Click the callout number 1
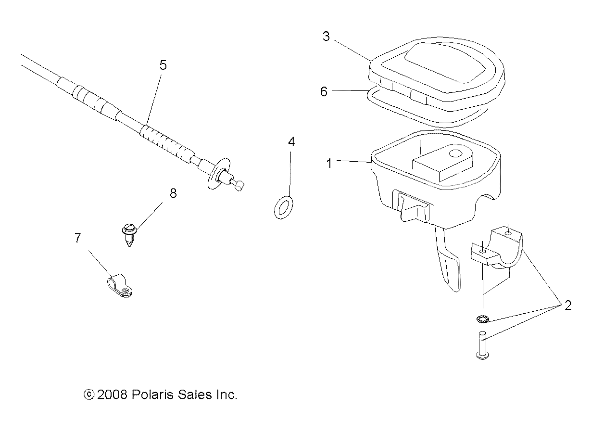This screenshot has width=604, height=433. tap(329, 164)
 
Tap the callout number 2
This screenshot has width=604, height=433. tap(567, 306)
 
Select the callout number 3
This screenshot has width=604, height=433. tap(327, 37)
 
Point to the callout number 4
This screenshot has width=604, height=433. tap(291, 142)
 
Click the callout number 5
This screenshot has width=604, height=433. tap(163, 65)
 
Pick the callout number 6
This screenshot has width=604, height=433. tap(324, 91)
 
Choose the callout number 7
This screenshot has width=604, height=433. tap(78, 238)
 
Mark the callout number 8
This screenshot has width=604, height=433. tap(173, 193)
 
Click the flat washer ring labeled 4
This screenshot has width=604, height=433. tap(284, 207)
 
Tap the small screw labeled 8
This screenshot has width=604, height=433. tap(128, 233)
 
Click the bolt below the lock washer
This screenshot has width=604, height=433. tap(482, 344)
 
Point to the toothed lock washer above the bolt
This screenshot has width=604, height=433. tap(483, 319)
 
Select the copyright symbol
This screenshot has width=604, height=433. tap(88, 395)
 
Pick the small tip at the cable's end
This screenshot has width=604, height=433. tap(240, 185)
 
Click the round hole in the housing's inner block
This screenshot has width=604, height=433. tap(455, 154)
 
